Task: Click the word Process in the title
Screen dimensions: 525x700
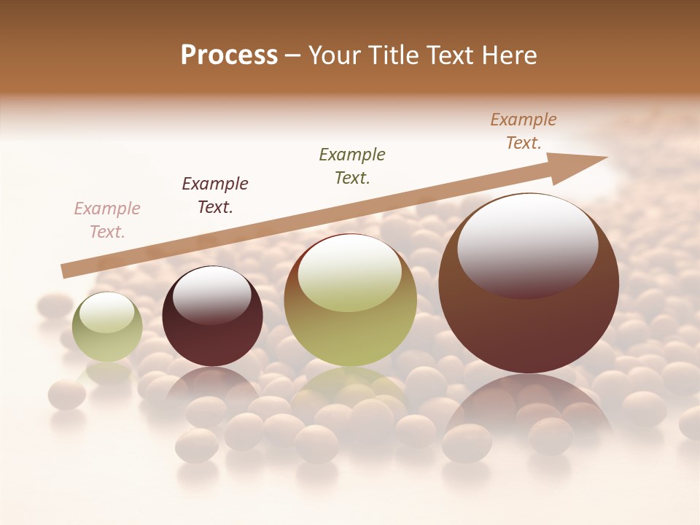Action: coord(229,55)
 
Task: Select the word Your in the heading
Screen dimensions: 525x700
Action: coord(335,55)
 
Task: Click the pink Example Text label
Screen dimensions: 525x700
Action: coord(107,220)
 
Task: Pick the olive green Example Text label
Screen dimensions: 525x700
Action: coord(352,166)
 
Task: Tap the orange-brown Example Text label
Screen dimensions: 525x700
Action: coord(524,131)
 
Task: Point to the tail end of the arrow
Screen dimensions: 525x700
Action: coord(67,271)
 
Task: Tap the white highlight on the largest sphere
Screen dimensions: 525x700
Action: coord(527,244)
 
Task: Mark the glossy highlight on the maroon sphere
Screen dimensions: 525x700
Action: coord(211,292)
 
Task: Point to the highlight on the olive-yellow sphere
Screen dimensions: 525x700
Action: coord(350,273)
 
